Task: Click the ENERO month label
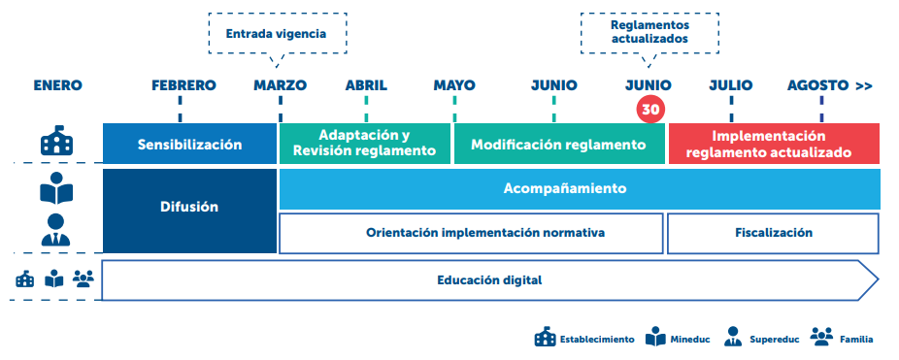[57, 85]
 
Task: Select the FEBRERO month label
[183, 85]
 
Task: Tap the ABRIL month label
[366, 85]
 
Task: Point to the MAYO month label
[454, 85]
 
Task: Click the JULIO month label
[730, 85]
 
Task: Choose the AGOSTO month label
[817, 85]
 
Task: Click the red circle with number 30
[650, 110]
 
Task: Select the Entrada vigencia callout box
[276, 33]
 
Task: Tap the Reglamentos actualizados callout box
[649, 32]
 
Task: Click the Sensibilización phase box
[189, 145]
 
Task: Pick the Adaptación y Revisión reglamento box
[365, 144]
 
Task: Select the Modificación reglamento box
[558, 145]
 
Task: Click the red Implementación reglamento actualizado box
[774, 144]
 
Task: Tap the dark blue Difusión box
[189, 207]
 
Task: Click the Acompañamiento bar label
[578, 188]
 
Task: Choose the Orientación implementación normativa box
[471, 233]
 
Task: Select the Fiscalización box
[773, 233]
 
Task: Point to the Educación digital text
[488, 280]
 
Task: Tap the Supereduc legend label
[774, 340]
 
